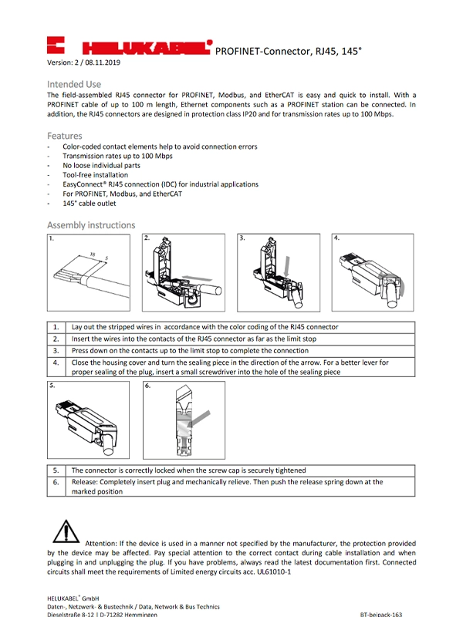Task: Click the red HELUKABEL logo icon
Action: (56, 45)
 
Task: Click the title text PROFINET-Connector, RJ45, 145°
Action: (288, 50)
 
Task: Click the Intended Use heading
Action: (74, 83)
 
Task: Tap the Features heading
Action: (64, 136)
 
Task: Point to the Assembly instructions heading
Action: (91, 225)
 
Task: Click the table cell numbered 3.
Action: (56, 350)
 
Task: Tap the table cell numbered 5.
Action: (56, 470)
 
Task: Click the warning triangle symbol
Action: (66, 532)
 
